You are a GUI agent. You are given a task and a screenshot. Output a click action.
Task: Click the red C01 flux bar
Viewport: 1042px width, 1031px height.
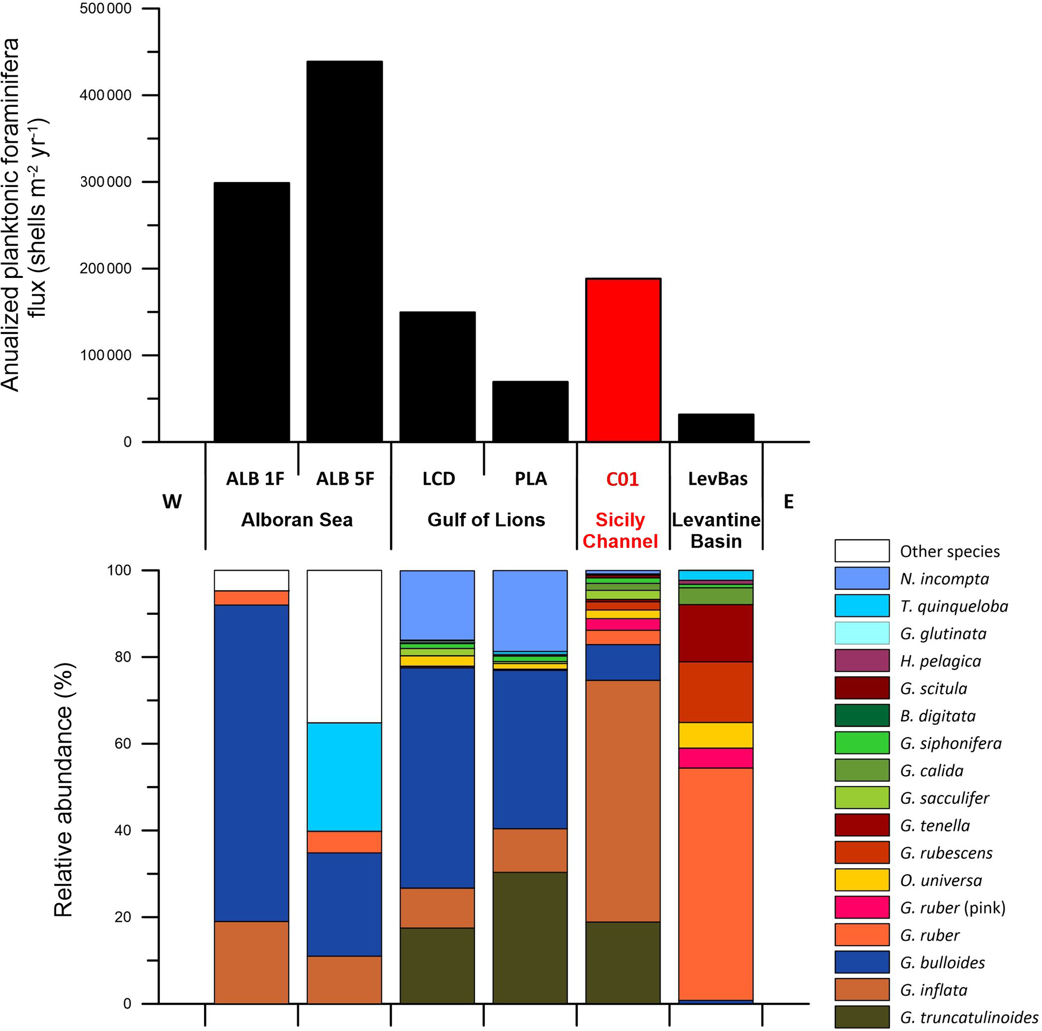pyautogui.click(x=623, y=360)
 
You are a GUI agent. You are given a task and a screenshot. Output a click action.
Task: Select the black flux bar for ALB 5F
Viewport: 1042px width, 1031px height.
pyautogui.click(x=345, y=251)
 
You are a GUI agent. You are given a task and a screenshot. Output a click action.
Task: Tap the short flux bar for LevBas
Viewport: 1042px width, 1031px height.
pyautogui.click(x=716, y=428)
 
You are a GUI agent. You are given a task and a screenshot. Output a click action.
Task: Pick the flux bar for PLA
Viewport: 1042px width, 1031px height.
pyautogui.click(x=530, y=412)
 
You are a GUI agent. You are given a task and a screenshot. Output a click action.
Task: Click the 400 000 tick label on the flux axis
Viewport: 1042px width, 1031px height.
pyautogui.click(x=106, y=95)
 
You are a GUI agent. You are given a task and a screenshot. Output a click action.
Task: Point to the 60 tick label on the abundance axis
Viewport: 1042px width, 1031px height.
pyautogui.click(x=124, y=743)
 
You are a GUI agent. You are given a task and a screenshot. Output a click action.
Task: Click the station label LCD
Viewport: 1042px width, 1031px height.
pyautogui.click(x=439, y=479)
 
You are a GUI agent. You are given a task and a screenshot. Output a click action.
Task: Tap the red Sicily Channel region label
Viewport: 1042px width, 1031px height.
pyautogui.click(x=620, y=530)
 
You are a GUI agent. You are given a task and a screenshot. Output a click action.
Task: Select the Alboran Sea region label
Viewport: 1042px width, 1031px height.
pyautogui.click(x=296, y=520)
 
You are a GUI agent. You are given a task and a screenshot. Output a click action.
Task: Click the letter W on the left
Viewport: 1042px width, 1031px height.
pyautogui.click(x=172, y=502)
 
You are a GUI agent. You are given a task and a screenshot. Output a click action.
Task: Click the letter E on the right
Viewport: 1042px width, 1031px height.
pyautogui.click(x=788, y=502)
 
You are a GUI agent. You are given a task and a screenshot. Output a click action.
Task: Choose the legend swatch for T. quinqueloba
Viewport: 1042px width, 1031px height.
pyautogui.click(x=862, y=606)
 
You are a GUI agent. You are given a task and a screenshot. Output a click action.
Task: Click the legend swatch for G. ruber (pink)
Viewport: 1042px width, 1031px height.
pyautogui.click(x=862, y=907)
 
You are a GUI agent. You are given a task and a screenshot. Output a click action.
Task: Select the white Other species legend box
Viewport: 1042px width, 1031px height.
pyautogui.click(x=862, y=551)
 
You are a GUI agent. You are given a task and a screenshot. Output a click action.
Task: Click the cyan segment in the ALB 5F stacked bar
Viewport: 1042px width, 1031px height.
pyautogui.click(x=344, y=776)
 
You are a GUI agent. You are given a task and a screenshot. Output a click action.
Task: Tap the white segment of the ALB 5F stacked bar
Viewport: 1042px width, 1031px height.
pyautogui.click(x=344, y=646)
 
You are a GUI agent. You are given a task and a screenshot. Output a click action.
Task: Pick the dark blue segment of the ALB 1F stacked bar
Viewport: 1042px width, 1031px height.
pyautogui.click(x=252, y=763)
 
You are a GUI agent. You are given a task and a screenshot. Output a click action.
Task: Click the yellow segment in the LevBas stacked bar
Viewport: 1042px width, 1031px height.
pyautogui.click(x=716, y=735)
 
